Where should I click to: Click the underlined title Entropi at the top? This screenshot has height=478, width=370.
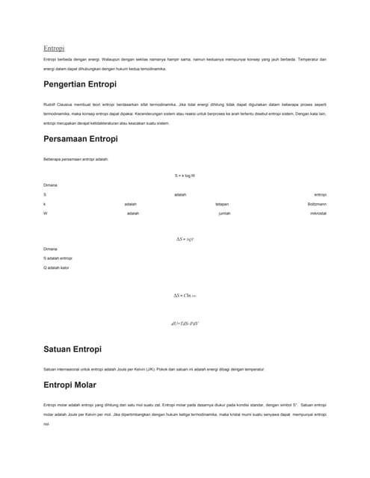pos(54,48)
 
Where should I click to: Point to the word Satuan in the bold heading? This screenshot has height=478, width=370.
pos(59,349)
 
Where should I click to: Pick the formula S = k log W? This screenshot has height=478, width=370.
pos(185,175)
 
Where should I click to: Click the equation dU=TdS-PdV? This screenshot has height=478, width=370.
pos(185,323)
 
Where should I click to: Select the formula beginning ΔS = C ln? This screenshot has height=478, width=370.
pos(185,296)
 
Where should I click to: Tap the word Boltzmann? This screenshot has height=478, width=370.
pos(316,203)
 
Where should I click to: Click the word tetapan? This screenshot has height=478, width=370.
pos(222,203)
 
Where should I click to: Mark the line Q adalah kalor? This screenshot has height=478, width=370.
pos(56,267)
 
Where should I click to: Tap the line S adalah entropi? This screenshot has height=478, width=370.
pos(57,258)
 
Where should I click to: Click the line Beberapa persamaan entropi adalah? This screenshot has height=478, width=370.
pos(75,158)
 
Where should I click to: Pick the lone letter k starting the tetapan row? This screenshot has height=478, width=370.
pos(45,203)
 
